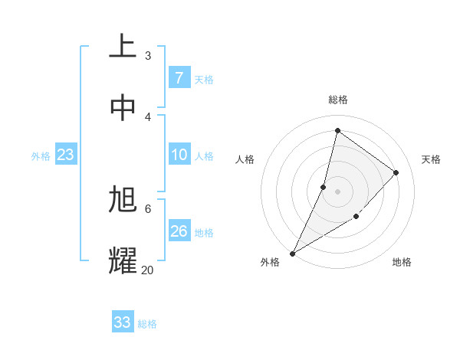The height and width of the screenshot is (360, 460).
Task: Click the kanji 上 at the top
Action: click(123, 46)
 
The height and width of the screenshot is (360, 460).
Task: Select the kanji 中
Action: click(123, 108)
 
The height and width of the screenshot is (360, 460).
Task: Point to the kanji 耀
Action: click(123, 260)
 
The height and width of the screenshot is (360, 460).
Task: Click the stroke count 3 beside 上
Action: click(148, 55)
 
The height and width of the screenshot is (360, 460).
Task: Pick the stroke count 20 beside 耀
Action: click(147, 270)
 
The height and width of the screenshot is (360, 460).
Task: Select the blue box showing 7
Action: click(179, 78)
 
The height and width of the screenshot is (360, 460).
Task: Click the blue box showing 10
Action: click(179, 155)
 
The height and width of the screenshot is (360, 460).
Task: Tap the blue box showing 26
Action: click(179, 231)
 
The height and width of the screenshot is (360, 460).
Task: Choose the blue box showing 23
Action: click(66, 155)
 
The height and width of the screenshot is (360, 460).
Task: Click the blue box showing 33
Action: click(123, 322)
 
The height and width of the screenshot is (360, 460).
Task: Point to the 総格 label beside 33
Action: click(147, 324)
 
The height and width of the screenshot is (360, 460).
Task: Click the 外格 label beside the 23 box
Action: click(41, 156)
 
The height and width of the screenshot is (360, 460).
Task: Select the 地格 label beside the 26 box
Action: click(204, 233)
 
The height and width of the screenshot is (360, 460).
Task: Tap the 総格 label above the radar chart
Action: click(338, 100)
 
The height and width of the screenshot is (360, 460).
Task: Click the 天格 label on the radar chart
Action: click(431, 159)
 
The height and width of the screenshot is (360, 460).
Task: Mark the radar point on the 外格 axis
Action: click(292, 253)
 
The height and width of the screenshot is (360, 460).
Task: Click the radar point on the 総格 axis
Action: click(337, 131)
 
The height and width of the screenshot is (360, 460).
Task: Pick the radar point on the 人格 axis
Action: click(324, 187)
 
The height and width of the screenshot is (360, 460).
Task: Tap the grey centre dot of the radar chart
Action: click(337, 191)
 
